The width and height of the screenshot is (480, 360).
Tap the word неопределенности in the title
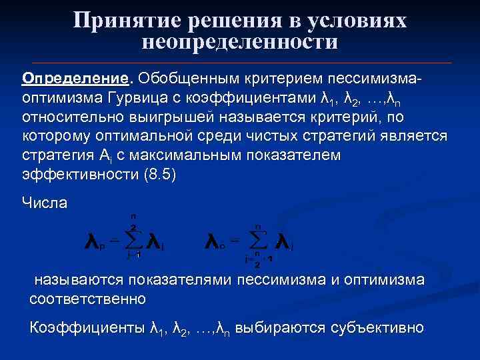pyautogui.click(x=240, y=42)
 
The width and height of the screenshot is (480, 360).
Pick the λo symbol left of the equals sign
pyautogui.click(x=215, y=241)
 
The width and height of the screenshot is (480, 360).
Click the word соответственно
pyautogui.click(x=87, y=298)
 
